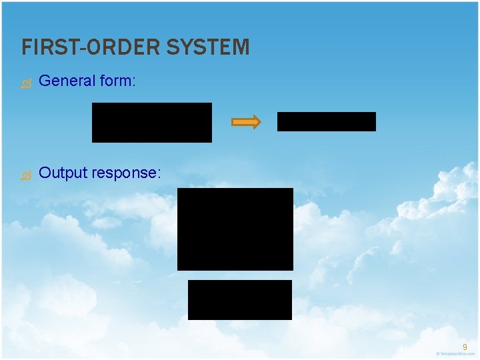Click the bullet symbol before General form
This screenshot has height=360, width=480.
click(26, 83)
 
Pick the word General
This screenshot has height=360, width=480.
click(67, 81)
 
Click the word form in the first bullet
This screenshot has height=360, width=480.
click(115, 81)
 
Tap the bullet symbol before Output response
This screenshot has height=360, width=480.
click(26, 175)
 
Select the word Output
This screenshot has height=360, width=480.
click(63, 173)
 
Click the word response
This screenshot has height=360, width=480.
click(125, 173)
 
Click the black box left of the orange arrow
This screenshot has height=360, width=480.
click(151, 122)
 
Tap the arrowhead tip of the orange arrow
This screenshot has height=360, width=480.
click(259, 122)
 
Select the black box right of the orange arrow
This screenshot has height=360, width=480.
click(326, 121)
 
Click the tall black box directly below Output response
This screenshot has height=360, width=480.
click(235, 229)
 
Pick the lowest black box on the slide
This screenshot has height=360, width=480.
click(239, 299)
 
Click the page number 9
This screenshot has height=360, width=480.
click(465, 347)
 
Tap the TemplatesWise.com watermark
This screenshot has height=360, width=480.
click(455, 353)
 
